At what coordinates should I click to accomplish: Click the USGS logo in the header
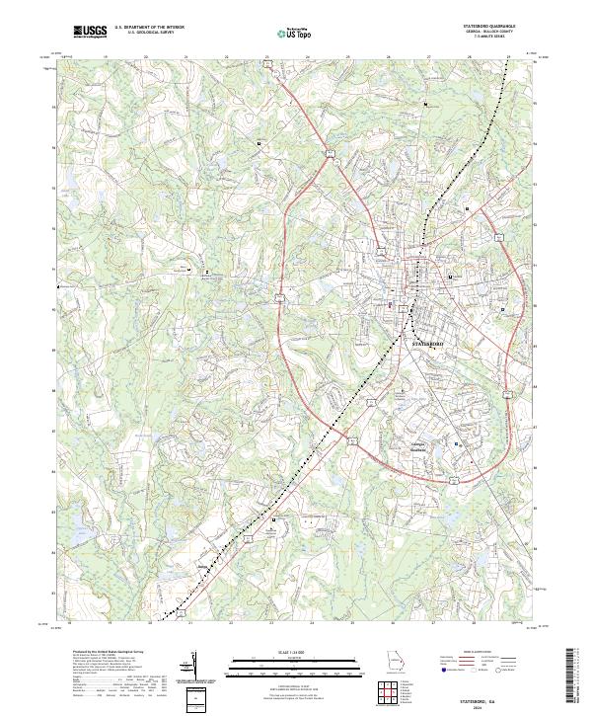[x=90, y=32]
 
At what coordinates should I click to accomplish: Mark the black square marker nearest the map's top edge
[x=425, y=104]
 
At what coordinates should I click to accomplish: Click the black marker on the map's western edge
[x=58, y=285]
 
